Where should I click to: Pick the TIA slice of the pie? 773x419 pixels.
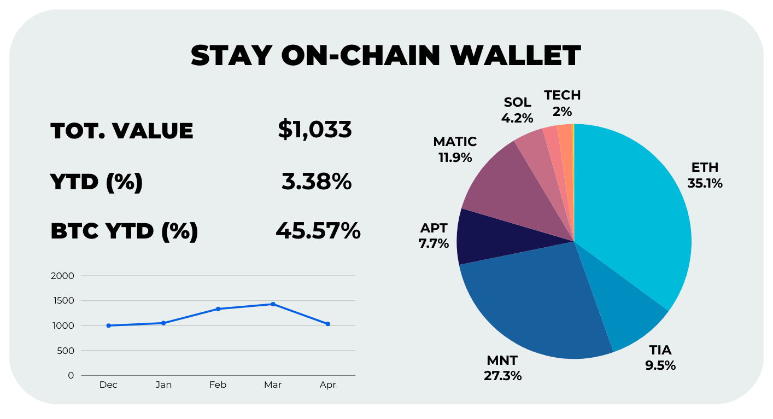point(623,306)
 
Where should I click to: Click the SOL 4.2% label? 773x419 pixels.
point(517,109)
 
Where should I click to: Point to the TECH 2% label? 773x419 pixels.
point(562,103)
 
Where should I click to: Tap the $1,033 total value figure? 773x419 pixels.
point(315,130)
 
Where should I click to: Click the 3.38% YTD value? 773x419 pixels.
point(317,181)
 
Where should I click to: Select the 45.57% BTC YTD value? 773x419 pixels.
point(318,231)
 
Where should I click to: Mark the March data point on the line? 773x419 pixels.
point(273,304)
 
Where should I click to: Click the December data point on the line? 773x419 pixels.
point(108,325)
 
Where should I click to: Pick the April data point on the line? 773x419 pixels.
point(327,324)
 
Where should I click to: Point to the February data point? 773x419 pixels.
point(218,309)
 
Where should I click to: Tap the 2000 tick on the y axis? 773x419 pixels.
point(62,276)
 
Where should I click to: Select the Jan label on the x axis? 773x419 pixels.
point(163,385)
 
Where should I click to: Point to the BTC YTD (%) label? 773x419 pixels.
point(124,231)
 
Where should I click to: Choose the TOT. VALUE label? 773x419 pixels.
point(121,131)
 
